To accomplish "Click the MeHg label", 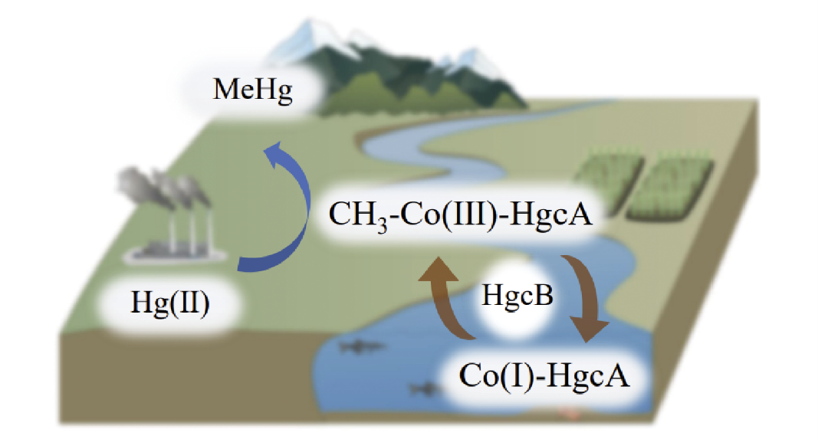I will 254,93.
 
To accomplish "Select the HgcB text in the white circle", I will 517,296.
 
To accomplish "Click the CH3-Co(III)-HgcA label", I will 461,215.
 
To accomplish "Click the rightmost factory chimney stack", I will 203,222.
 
